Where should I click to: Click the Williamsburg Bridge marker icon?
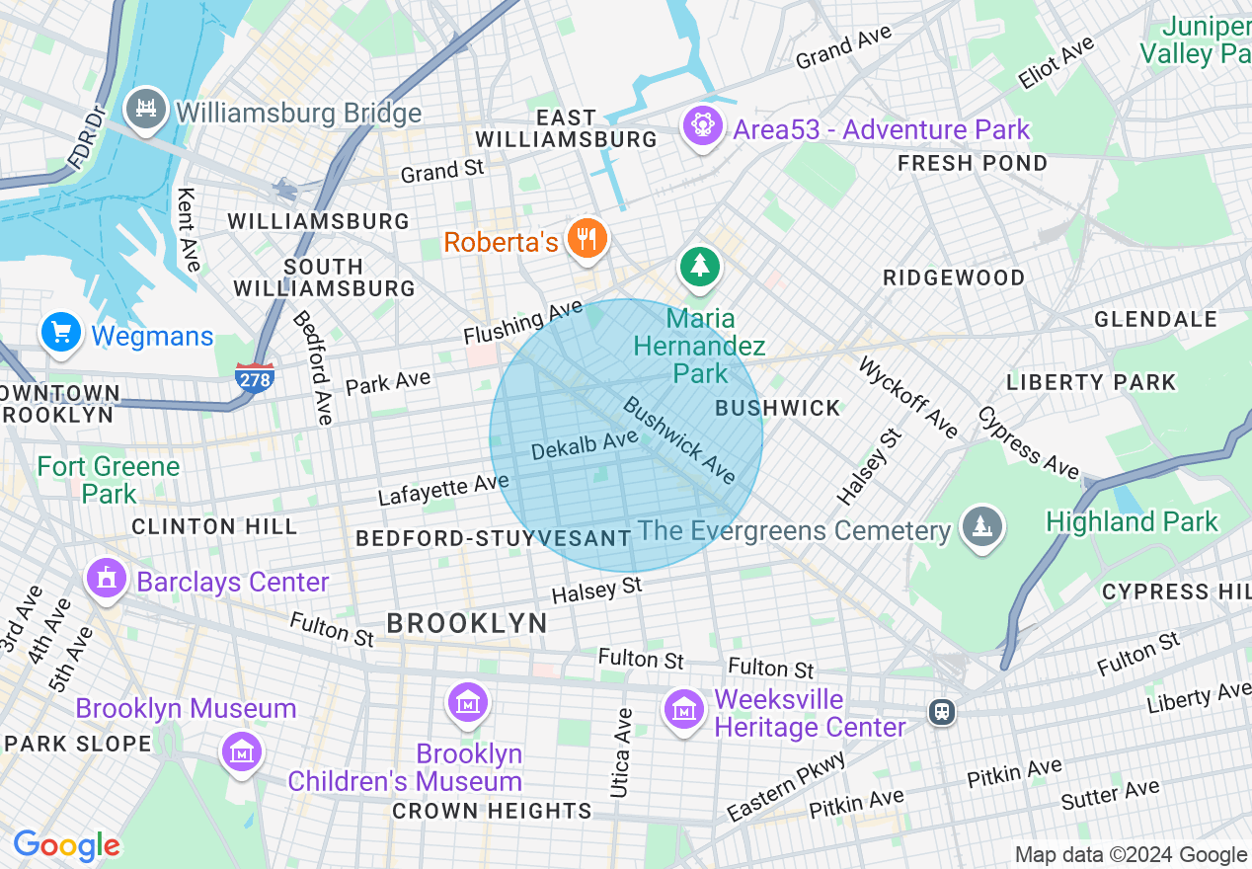coord(148,107)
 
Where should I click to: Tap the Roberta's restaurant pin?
coord(587,238)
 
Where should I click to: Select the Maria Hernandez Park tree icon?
coord(700,265)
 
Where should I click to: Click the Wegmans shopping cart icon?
coord(61,333)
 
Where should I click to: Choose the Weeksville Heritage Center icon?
coord(682,709)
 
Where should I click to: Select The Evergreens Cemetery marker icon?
coord(982,526)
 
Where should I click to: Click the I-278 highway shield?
coord(255,378)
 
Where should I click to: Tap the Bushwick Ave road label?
coord(680,440)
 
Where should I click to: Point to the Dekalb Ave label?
coord(585,445)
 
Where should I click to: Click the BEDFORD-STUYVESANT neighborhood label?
coord(493,538)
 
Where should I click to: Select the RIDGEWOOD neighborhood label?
coord(953,277)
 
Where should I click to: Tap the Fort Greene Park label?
coord(109,479)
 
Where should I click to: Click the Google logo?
coord(66,846)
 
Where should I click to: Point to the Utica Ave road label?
coord(620,752)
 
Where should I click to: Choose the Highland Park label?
coord(1132,521)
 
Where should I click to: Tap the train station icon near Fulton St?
coord(942,711)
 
